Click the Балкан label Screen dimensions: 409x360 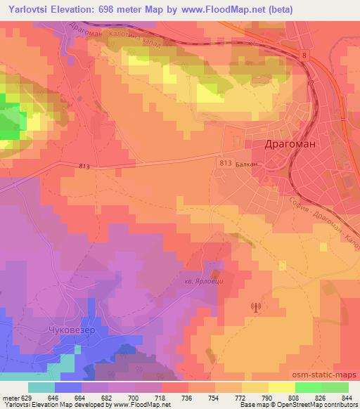point(247,162)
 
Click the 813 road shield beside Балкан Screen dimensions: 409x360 point(224,162)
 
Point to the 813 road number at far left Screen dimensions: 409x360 point(84,166)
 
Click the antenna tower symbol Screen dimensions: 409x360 point(255,306)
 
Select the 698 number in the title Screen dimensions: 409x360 point(112,10)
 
